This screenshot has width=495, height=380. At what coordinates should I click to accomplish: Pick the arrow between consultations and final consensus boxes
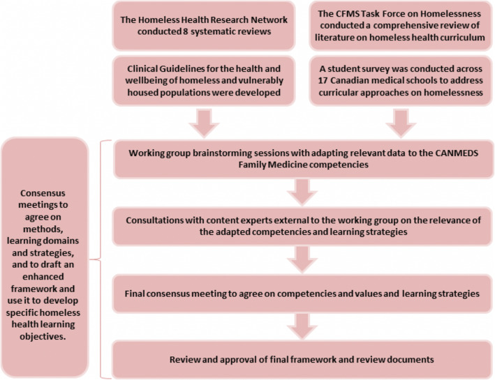point(299,257)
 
